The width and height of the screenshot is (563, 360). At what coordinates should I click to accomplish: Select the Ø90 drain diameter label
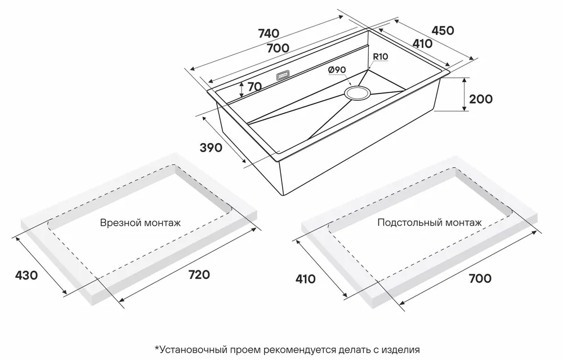tap(337, 69)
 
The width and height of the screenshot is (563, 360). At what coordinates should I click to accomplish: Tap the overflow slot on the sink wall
tap(283, 74)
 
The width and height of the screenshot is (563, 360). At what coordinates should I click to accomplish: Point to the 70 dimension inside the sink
tap(254, 87)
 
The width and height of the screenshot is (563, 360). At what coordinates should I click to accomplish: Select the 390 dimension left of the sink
tap(212, 148)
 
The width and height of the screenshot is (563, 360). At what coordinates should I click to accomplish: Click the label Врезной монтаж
tap(140, 223)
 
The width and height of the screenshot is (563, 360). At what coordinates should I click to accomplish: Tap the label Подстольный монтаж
tap(430, 223)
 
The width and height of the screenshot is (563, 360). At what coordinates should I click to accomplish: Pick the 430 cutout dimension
tap(26, 275)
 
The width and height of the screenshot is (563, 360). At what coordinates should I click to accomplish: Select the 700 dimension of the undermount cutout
tap(479, 278)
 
